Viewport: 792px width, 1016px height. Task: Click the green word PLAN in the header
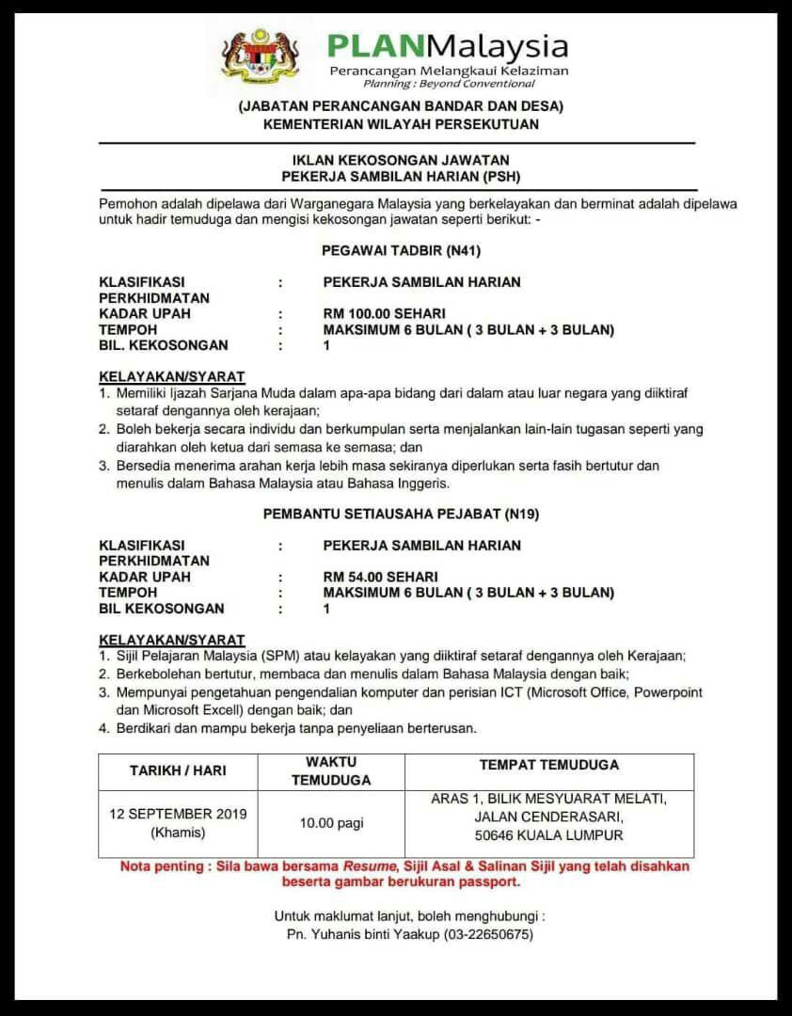pos(368,45)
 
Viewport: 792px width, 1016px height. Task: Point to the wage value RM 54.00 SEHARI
pos(380,577)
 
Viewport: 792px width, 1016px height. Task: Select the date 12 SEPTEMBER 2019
pos(178,814)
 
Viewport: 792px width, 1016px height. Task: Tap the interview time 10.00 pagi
pos(331,823)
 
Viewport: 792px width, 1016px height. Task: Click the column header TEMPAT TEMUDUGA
pos(549,766)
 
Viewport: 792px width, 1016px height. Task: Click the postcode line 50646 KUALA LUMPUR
pos(549,834)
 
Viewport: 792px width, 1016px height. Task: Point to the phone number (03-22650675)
pos(488,934)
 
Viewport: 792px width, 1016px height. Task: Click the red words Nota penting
pos(163,866)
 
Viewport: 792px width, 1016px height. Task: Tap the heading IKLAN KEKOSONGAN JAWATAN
pos(396,161)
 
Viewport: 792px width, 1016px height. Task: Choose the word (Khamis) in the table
pos(177,833)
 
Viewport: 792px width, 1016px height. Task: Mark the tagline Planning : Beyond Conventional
pos(449,84)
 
